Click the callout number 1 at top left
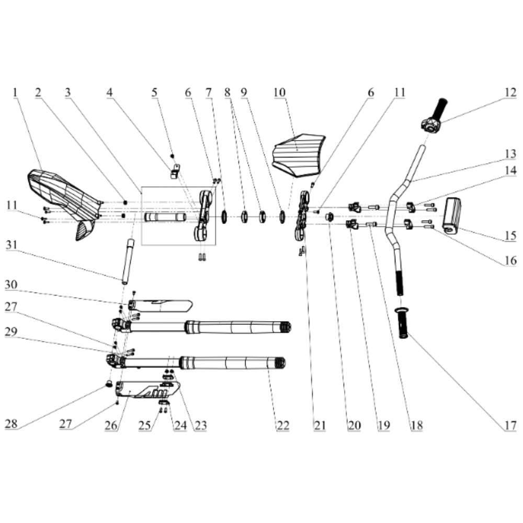click(15, 93)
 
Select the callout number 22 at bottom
click(283, 426)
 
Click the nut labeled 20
click(330, 217)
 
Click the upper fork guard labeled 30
click(160, 305)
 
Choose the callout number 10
click(280, 93)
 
